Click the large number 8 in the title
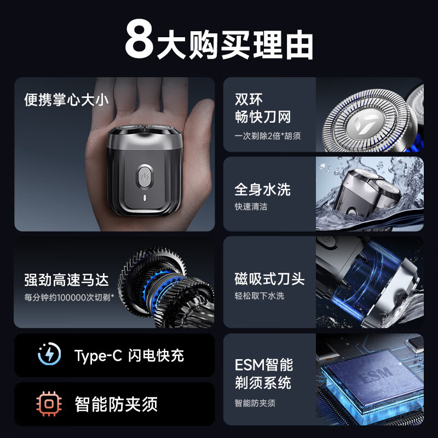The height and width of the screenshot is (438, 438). tap(140, 40)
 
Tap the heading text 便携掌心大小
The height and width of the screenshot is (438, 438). tap(66, 100)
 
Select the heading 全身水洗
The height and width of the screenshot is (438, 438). tap(262, 190)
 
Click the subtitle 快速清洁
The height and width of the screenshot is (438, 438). tap(251, 207)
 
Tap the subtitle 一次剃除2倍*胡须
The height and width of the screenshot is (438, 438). tap(268, 135)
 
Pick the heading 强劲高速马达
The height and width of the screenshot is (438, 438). tap(66, 280)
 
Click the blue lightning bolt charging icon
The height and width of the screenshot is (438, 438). tap(49, 355)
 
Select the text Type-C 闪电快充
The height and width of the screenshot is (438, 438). tap(129, 356)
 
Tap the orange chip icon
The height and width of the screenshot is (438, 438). tap(49, 404)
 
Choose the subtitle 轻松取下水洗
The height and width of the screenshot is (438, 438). tap(259, 296)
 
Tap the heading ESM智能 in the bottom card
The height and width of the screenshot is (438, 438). tap(263, 365)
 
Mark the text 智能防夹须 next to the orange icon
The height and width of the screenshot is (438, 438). tap(116, 405)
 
